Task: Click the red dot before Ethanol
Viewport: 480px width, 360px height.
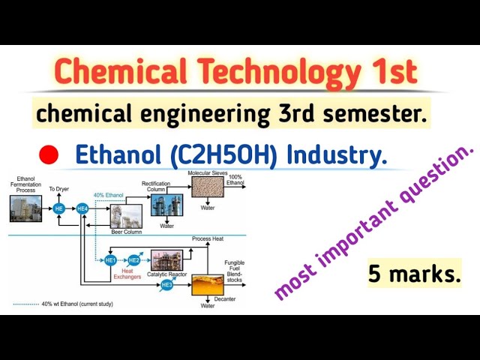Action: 49,155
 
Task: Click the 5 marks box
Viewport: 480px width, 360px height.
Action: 413,274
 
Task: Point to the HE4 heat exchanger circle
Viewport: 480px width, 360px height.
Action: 82,208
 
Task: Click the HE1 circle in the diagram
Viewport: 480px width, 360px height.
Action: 110,259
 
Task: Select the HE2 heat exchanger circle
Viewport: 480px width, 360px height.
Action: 134,259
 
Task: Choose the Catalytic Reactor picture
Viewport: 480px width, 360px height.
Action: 166,259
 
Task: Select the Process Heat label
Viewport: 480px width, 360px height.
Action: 207,238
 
